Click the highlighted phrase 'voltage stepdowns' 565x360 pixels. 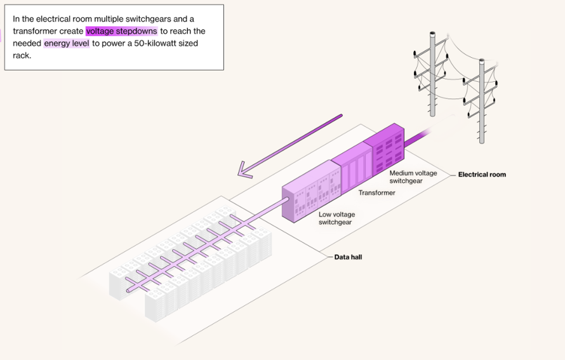coord(121,31)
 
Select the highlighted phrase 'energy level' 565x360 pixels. coord(67,44)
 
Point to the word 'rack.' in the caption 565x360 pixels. coord(22,55)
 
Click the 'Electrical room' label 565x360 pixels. coord(482,175)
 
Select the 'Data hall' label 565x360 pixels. coord(348,257)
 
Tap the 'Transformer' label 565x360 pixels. coord(376,193)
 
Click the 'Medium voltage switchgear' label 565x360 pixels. coord(413,177)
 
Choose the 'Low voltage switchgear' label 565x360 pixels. coord(336,218)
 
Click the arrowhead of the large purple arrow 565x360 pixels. coord(244,171)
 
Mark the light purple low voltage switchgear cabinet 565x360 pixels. coord(311,191)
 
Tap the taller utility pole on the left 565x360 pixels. coord(432,74)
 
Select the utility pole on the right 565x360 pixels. coord(481,101)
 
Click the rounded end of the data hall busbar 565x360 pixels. coord(129,290)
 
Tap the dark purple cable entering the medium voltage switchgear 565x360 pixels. coord(418,138)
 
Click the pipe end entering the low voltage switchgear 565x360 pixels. coord(286,200)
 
